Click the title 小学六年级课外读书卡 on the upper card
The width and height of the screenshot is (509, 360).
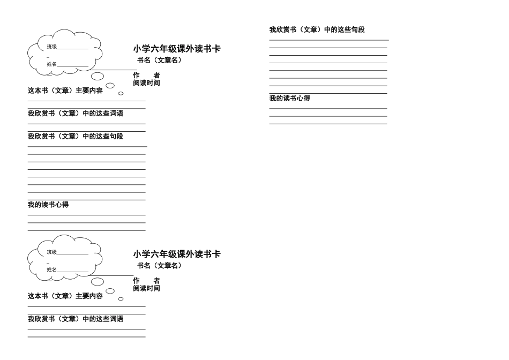(177, 49)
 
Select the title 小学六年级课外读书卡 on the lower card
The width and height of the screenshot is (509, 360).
(177, 254)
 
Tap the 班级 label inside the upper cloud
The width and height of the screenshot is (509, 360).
(51, 47)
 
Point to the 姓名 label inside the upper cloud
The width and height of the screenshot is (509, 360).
(51, 64)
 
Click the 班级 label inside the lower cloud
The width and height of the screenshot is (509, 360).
(51, 252)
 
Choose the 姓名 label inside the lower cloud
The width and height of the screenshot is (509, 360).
(51, 269)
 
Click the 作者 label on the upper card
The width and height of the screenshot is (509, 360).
(146, 76)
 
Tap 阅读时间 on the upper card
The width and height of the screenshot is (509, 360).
(146, 83)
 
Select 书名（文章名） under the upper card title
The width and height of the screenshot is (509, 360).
(160, 61)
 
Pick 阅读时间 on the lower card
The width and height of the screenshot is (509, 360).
(146, 288)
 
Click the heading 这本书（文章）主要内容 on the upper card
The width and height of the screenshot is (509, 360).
(65, 91)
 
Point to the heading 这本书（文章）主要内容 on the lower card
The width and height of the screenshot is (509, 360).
(65, 296)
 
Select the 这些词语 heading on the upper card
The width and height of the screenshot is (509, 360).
(76, 113)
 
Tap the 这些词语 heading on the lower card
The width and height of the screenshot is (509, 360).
(76, 319)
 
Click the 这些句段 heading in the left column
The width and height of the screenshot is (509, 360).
(76, 136)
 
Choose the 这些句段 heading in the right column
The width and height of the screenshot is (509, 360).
(317, 30)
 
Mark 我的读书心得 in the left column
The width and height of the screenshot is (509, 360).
(48, 205)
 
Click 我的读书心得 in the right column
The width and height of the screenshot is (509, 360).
(290, 98)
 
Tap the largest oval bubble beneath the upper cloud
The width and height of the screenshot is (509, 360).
(98, 76)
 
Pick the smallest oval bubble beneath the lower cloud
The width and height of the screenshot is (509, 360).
(121, 299)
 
